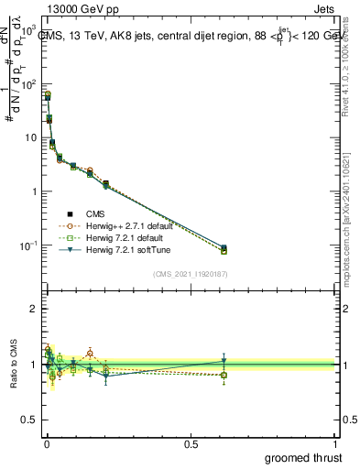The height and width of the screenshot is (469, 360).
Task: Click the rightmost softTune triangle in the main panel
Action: pyautogui.click(x=224, y=248)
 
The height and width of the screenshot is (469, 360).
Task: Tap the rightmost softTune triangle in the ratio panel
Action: pyautogui.click(x=224, y=360)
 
